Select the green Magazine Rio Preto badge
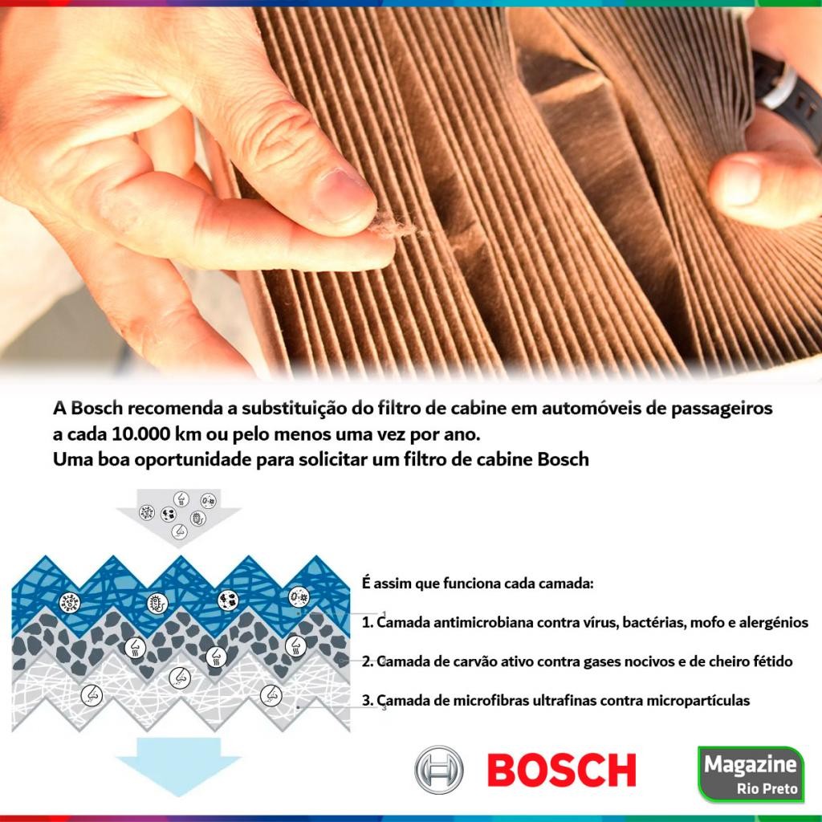pos(751,774)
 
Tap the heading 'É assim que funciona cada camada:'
pos(478,583)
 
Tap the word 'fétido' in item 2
pos(771,661)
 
